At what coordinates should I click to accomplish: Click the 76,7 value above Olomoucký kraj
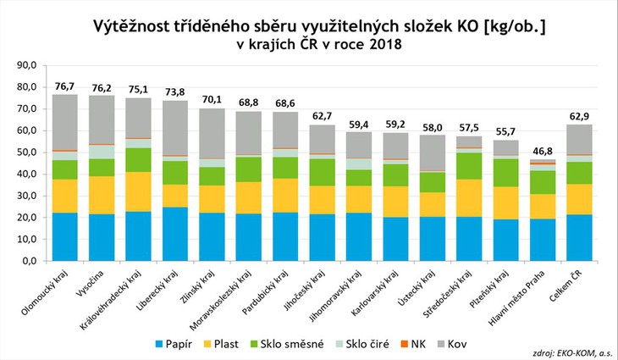point(64,86)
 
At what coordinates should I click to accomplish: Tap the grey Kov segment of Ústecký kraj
point(433,152)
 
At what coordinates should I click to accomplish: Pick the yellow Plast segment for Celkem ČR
point(580,199)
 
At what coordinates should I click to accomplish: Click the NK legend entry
point(417,344)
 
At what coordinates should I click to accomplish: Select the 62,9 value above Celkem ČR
point(580,115)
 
